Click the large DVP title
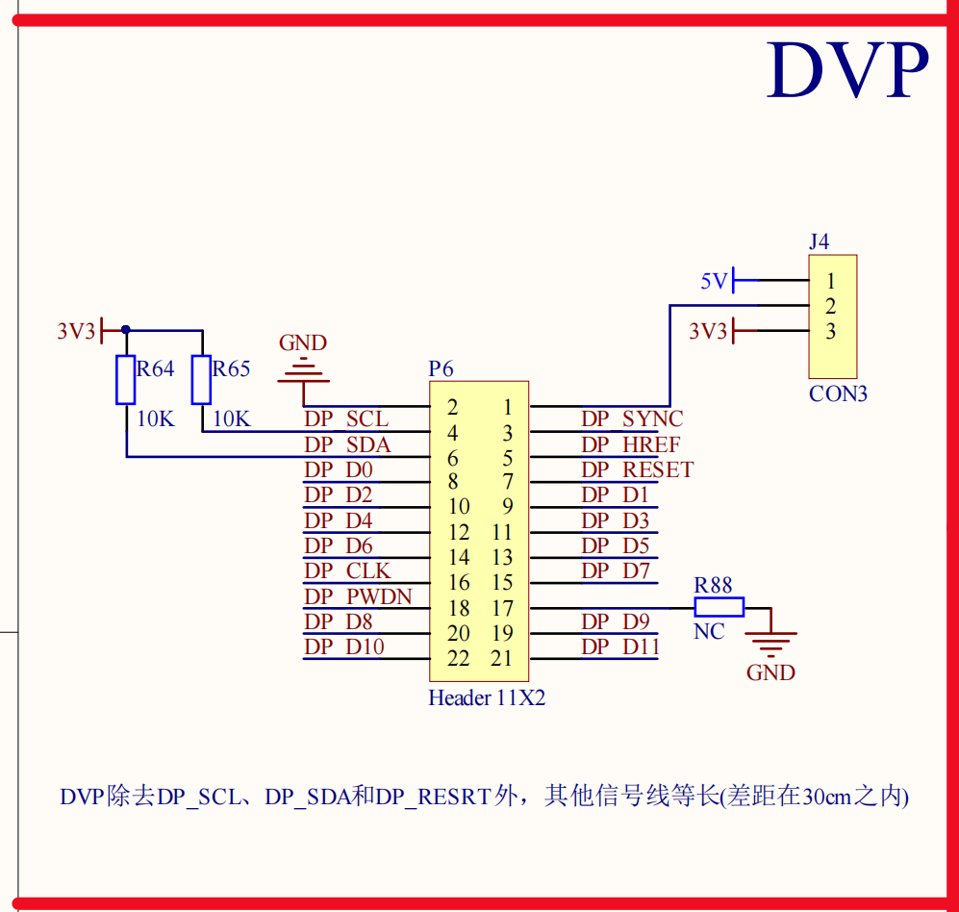click(847, 70)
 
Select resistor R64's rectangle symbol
click(126, 379)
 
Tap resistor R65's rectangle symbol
click(201, 379)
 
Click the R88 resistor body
click(719, 607)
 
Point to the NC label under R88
click(709, 632)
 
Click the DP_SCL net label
click(346, 419)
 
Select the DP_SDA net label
click(347, 444)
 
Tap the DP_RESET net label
click(637, 469)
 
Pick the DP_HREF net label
click(630, 444)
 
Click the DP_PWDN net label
click(358, 596)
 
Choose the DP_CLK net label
click(347, 570)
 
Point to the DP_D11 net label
click(619, 646)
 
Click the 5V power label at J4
click(715, 281)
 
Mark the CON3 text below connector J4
click(838, 393)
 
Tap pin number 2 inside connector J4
click(830, 307)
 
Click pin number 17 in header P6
click(502, 608)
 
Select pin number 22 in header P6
click(459, 659)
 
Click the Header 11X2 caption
click(487, 698)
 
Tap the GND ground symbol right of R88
click(771, 641)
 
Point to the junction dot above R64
click(126, 330)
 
